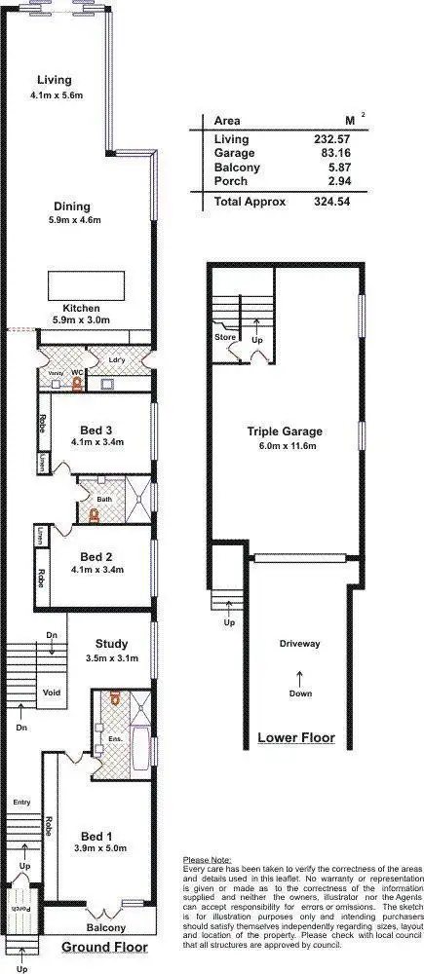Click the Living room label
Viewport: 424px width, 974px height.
55,80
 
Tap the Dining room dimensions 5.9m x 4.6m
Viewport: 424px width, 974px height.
74,220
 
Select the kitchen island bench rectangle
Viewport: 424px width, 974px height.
86,286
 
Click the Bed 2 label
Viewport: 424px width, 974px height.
96,556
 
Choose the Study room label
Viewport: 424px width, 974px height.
112,643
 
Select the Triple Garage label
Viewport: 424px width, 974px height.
284,431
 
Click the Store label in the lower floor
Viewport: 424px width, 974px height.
225,337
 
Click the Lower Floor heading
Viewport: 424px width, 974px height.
296,737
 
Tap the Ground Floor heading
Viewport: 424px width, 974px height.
105,947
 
